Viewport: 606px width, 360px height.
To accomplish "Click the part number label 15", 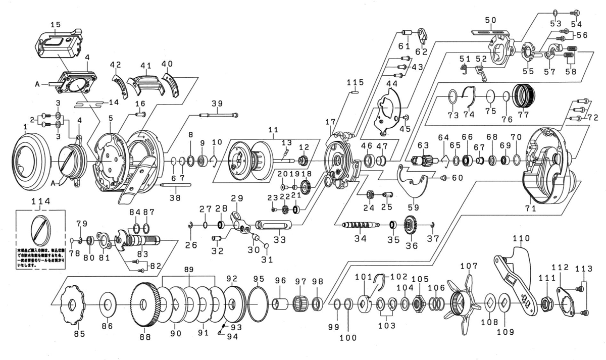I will point(56,24).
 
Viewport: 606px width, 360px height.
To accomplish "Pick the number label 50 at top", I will point(490,20).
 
